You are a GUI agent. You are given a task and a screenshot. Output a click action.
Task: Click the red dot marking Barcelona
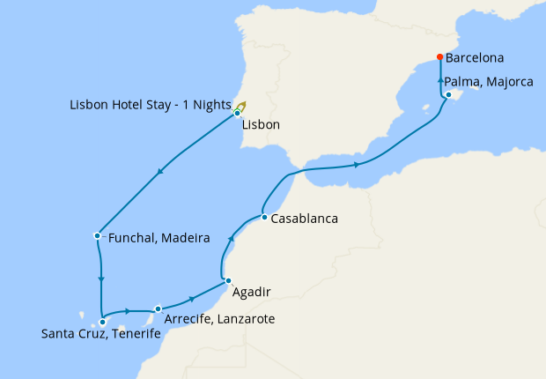[x=439, y=58]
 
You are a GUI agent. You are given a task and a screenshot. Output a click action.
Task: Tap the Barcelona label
[x=475, y=59]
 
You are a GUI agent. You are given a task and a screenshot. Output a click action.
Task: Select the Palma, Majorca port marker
[x=449, y=94]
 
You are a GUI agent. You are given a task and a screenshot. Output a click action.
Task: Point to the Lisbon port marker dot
[x=238, y=114]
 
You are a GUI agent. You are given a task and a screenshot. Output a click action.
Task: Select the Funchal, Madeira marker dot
[x=96, y=235]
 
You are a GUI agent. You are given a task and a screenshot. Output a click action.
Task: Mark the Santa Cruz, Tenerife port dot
[x=102, y=323]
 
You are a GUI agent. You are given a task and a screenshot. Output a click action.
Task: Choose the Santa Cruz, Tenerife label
[x=101, y=334]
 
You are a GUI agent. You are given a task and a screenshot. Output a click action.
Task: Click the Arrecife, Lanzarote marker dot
[x=158, y=309]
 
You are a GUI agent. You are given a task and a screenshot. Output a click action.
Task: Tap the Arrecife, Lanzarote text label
[x=219, y=318]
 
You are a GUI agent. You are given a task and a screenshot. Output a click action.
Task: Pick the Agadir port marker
[x=227, y=281]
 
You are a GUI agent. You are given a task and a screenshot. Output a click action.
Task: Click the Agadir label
[x=252, y=292]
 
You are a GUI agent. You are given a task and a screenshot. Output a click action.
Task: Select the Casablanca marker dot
[x=263, y=217]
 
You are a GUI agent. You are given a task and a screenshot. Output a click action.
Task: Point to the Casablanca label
[x=305, y=219]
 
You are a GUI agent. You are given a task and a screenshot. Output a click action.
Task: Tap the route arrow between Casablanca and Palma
[x=356, y=164]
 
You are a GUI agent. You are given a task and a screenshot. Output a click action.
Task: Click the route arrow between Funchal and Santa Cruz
[x=101, y=280]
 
